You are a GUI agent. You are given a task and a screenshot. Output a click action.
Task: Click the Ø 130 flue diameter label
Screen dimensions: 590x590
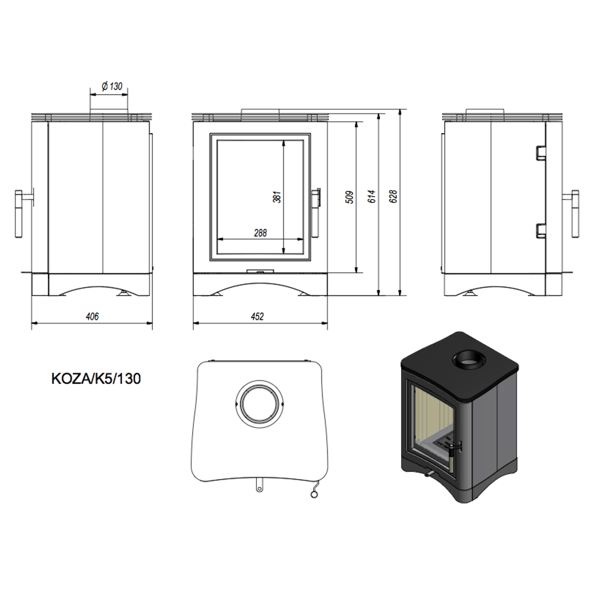pos(112,87)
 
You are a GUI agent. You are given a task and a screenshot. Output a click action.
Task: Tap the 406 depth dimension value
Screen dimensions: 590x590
pos(92,316)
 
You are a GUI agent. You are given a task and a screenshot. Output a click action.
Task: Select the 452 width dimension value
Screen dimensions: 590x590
pos(257,316)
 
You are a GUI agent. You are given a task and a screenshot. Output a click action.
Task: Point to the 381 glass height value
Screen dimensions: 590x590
pos(277,197)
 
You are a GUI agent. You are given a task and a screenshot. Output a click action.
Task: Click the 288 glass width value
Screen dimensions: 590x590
pos(260,233)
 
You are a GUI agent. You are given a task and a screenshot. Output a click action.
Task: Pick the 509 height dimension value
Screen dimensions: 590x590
pos(350,197)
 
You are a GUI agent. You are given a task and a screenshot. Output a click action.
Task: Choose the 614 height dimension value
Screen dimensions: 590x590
pos(371,197)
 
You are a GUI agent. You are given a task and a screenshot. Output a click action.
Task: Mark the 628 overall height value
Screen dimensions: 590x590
pos(393,196)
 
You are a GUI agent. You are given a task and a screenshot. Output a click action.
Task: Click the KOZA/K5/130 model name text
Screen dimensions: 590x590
pos(96,379)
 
